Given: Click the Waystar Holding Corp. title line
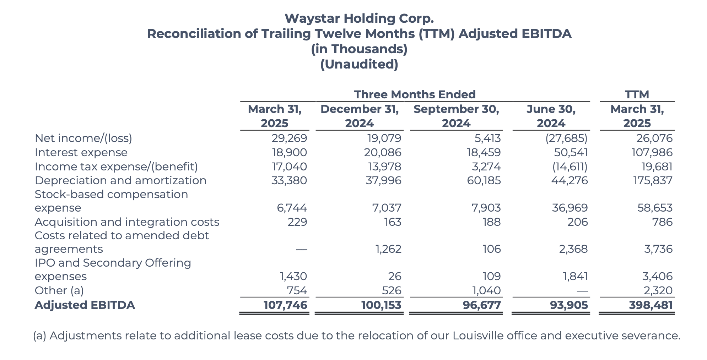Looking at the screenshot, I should [359, 18].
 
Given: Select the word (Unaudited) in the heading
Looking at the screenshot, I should [359, 64].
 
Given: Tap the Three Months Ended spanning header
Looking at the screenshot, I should [415, 94].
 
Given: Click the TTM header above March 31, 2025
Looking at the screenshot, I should [637, 94].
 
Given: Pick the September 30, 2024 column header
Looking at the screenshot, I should [456, 116].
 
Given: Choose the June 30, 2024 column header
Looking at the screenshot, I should [551, 116].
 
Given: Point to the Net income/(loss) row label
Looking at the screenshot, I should [83, 138].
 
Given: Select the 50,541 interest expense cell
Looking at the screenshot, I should [571, 152].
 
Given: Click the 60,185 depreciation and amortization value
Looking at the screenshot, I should [484, 180].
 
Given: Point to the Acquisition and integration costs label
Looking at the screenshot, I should [127, 222].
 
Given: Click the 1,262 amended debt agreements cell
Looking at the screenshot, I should [388, 249].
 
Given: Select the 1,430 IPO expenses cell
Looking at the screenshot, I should [293, 276].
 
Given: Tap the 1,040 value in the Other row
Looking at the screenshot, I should [486, 290].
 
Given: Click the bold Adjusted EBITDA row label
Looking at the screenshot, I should [85, 305].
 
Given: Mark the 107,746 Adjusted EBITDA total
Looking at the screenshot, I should [285, 305].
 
